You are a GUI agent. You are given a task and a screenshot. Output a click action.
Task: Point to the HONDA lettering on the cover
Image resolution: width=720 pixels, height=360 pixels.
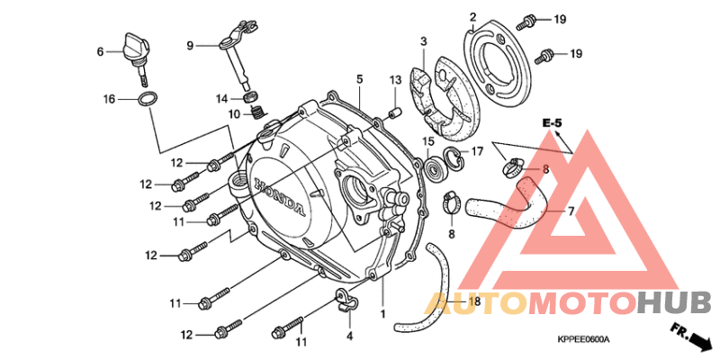[x=278, y=195]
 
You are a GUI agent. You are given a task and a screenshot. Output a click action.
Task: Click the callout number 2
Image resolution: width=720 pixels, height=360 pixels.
[x=472, y=17]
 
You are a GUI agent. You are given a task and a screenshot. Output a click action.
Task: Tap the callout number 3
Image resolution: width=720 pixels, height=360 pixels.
[x=423, y=41]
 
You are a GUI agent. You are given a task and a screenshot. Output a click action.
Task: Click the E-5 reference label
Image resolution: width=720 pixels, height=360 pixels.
[x=552, y=123]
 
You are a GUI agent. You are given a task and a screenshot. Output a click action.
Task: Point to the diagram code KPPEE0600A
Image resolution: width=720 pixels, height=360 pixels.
[x=583, y=339]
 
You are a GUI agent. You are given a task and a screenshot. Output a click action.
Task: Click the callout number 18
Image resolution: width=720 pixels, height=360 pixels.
[x=474, y=301]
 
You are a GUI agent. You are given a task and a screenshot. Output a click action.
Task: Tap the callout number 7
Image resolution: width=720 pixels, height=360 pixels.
[x=571, y=211]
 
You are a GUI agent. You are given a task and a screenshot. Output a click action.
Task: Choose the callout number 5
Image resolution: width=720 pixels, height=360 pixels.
[x=359, y=79]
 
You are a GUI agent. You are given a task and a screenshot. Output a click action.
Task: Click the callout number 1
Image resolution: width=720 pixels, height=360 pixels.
[x=382, y=313]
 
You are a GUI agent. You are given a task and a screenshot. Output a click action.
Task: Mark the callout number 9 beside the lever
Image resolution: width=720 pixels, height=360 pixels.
[x=190, y=45]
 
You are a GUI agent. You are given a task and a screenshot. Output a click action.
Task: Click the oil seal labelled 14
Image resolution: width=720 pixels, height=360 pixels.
[x=250, y=97]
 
